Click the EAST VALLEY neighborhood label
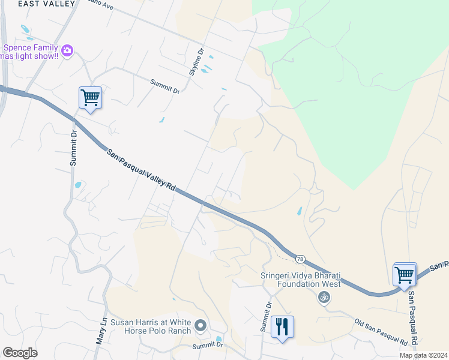point(47,4)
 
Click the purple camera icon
point(67,51)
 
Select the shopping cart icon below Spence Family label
point(90,97)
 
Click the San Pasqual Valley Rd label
point(142,170)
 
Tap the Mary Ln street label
point(101,331)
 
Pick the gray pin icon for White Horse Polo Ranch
point(201,326)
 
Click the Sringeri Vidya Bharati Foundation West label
point(300,280)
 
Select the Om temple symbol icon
point(324,296)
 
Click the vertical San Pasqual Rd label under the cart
point(414,319)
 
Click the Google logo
point(20,353)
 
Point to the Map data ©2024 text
point(423,355)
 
